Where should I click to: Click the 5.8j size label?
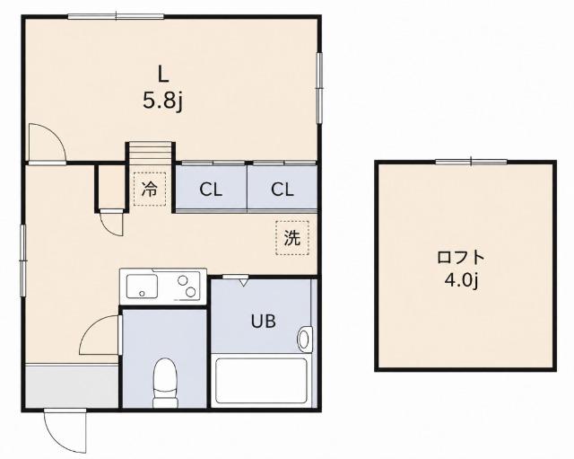(162, 102)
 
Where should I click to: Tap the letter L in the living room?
(163, 74)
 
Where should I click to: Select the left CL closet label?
(211, 190)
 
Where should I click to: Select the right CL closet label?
(283, 190)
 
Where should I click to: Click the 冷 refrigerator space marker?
(150, 190)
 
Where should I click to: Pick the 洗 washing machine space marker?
(292, 238)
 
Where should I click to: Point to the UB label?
(263, 322)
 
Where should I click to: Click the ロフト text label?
(461, 258)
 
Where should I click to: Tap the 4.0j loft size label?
(461, 281)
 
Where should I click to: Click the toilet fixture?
(165, 384)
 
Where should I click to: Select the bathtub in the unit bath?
(261, 381)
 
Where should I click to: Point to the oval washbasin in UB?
(304, 340)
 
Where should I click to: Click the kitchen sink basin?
(142, 286)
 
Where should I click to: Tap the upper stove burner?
(183, 280)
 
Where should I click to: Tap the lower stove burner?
(190, 292)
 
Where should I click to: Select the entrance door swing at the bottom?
(65, 431)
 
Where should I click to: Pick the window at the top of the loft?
(471, 162)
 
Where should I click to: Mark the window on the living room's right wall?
(319, 88)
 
